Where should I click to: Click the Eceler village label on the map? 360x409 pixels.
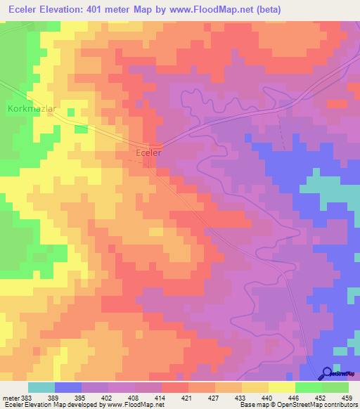pyautogui.click(x=148, y=152)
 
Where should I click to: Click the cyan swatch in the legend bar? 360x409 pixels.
pyautogui.click(x=41, y=387)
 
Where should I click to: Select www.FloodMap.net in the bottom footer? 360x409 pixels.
pyautogui.click(x=136, y=405)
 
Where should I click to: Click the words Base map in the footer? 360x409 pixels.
pyautogui.click(x=252, y=405)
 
